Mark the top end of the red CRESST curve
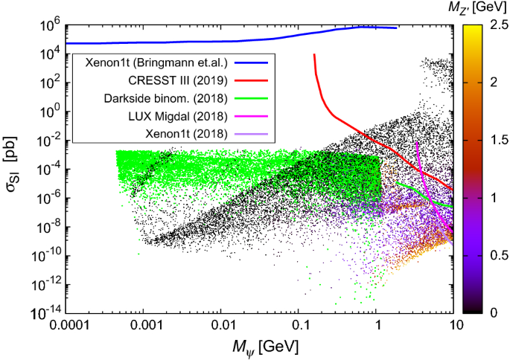pyautogui.click(x=314, y=54)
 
